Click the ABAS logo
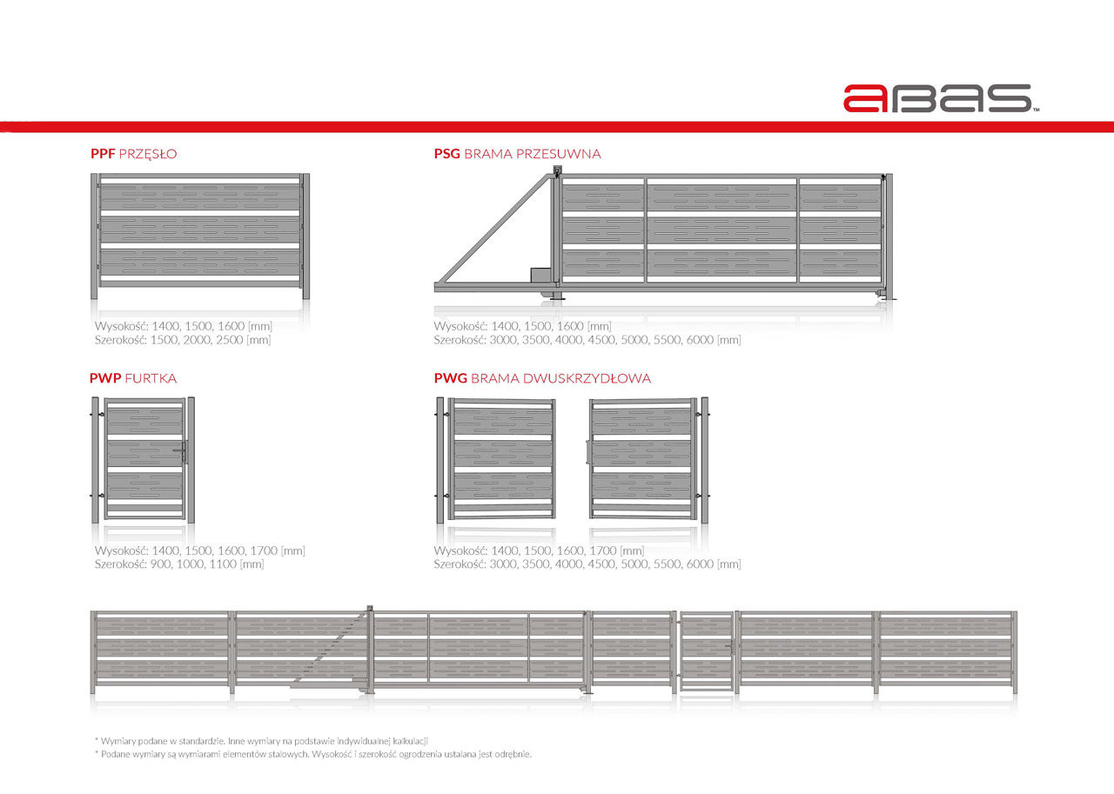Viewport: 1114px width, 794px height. [x=941, y=98]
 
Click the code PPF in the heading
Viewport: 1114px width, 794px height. [x=103, y=154]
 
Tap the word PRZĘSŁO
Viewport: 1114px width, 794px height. [x=148, y=154]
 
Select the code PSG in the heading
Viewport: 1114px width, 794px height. [x=447, y=154]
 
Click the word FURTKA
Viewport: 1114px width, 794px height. [x=151, y=378]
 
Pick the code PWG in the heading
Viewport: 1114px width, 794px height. [x=451, y=378]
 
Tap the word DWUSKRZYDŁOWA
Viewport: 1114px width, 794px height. [x=586, y=378]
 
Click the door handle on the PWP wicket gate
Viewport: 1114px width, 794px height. [x=182, y=451]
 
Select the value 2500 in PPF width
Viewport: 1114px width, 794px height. [x=229, y=340]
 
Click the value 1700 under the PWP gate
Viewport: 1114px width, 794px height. [x=264, y=550]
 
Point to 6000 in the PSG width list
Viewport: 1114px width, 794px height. [x=700, y=340]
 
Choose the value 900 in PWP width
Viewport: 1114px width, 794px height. [x=160, y=564]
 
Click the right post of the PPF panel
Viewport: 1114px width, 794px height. [x=305, y=236]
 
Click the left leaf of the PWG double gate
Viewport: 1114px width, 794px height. [x=502, y=458]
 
